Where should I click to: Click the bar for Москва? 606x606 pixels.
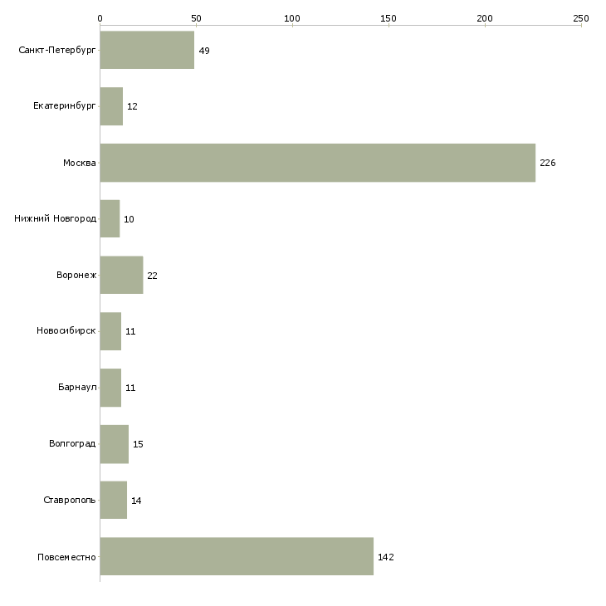pyautogui.click(x=318, y=163)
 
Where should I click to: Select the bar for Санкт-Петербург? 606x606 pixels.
pyautogui.click(x=147, y=50)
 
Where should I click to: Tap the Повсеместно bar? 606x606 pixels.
pyautogui.click(x=237, y=556)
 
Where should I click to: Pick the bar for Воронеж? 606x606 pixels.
pyautogui.click(x=122, y=275)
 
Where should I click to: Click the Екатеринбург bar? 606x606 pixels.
pyautogui.click(x=112, y=106)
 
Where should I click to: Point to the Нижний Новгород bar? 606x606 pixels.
pyautogui.click(x=110, y=219)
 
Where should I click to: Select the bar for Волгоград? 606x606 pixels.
pyautogui.click(x=115, y=444)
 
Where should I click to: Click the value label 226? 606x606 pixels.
pyautogui.click(x=548, y=163)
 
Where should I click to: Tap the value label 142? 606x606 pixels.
pyautogui.click(x=386, y=557)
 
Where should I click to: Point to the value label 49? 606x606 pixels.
pyautogui.click(x=204, y=51)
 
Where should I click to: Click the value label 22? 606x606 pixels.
pyautogui.click(x=152, y=276)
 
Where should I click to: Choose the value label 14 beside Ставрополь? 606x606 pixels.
pyautogui.click(x=136, y=501)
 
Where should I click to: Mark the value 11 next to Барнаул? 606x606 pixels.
pyautogui.click(x=130, y=388)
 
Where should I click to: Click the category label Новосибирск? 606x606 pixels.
pyautogui.click(x=66, y=331)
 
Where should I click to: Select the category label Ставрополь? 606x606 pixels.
pyautogui.click(x=70, y=500)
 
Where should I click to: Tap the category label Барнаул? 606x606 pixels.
pyautogui.click(x=77, y=387)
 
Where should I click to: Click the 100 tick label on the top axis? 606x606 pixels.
pyautogui.click(x=292, y=18)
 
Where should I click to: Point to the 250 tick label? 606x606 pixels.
pyautogui.click(x=581, y=18)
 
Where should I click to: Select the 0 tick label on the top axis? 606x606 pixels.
pyautogui.click(x=100, y=18)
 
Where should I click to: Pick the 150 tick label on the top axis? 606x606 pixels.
pyautogui.click(x=389, y=18)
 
